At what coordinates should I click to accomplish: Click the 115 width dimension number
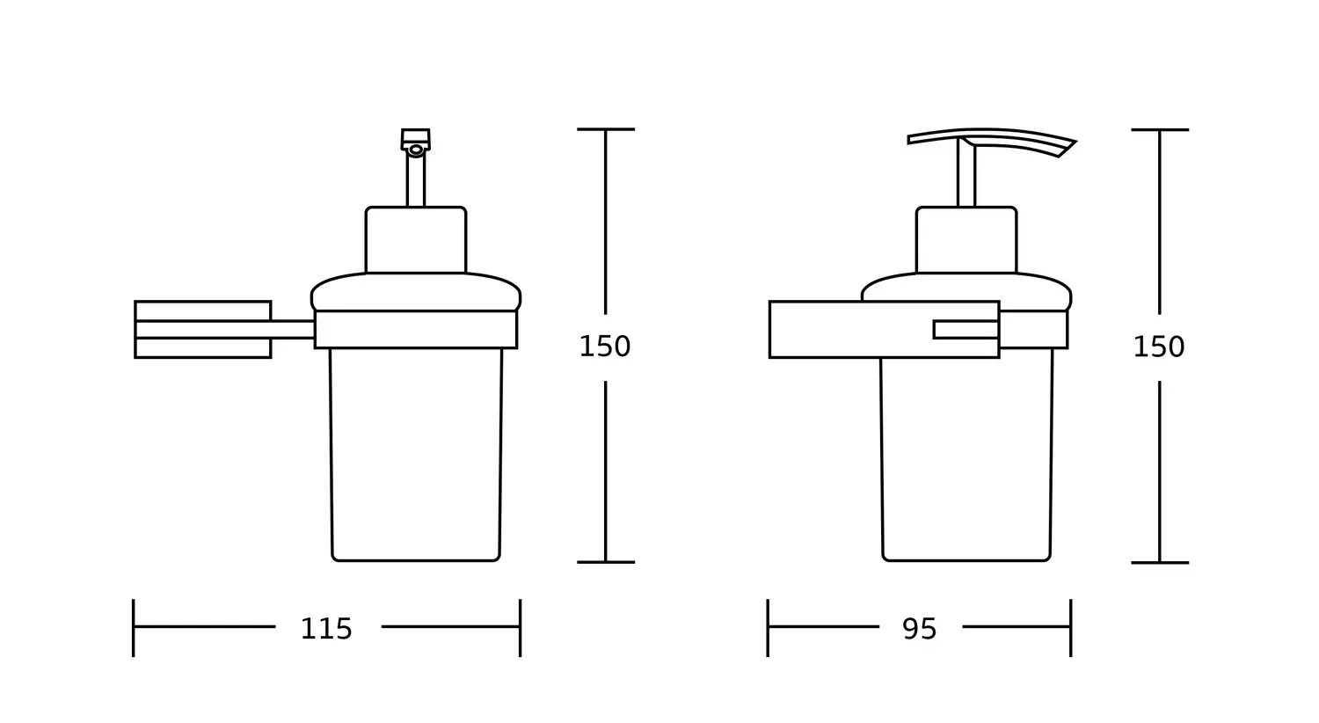pyautogui.click(x=326, y=629)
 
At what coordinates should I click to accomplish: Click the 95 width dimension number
pyautogui.click(x=919, y=629)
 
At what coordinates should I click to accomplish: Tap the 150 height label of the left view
pyautogui.click(x=605, y=347)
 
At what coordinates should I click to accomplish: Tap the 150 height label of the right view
pyautogui.click(x=1159, y=347)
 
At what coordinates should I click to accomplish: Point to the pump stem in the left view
pyautogui.click(x=416, y=179)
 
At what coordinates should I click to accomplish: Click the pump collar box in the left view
pyautogui.click(x=416, y=239)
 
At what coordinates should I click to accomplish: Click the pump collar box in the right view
pyautogui.click(x=966, y=239)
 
